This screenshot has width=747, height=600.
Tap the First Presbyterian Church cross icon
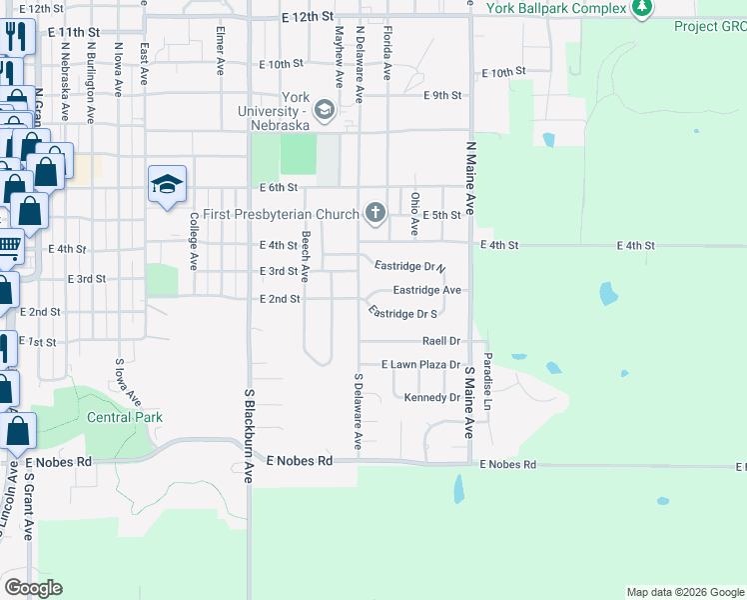click(x=375, y=212)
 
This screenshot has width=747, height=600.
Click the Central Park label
click(x=125, y=417)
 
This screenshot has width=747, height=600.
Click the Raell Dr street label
click(x=440, y=341)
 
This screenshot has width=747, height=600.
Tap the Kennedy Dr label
click(x=432, y=398)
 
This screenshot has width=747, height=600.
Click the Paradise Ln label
click(x=488, y=380)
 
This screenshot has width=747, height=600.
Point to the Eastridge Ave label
click(x=426, y=290)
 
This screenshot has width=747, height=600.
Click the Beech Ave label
click(x=307, y=251)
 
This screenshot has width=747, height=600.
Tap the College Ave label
click(x=194, y=240)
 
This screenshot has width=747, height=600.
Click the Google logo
click(x=34, y=588)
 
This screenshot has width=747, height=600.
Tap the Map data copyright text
click(x=684, y=592)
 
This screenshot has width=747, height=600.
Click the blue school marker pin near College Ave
click(x=168, y=184)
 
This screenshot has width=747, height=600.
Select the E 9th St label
click(x=442, y=96)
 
